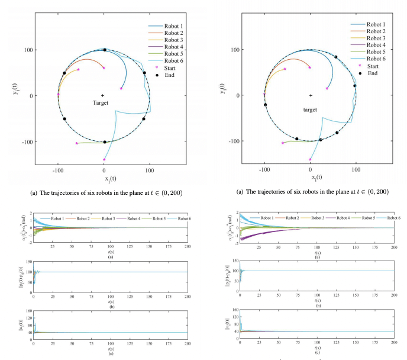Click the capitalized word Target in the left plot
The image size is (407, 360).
[x=102, y=103]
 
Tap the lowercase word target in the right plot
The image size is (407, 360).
[x=310, y=110]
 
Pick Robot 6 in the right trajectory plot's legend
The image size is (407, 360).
[x=376, y=59]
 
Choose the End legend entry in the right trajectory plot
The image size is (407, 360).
[x=372, y=73]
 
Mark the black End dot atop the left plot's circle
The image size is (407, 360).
[x=105, y=50]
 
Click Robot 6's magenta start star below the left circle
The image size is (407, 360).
[x=104, y=159]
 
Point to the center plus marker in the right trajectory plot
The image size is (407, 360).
[x=310, y=95]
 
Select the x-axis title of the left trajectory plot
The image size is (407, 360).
[x=104, y=178]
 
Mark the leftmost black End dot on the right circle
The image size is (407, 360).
[x=265, y=105]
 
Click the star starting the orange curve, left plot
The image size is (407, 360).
[x=104, y=67]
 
